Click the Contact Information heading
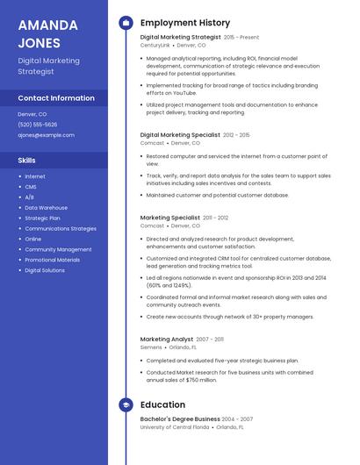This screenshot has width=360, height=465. (56, 98)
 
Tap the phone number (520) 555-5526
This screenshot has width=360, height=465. (38, 125)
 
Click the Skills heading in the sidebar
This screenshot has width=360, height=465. (27, 161)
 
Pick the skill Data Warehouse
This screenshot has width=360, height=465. (46, 207)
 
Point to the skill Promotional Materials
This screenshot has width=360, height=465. (52, 260)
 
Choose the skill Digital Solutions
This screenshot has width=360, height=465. (45, 270)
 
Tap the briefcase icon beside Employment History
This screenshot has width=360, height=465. (126, 22)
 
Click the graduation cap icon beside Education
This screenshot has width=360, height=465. (126, 404)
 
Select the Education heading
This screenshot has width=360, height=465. (162, 404)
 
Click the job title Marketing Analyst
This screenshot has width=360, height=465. (166, 339)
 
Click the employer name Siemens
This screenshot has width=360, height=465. (151, 347)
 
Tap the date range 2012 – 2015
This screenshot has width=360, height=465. (236, 135)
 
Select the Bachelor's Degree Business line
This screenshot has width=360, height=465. (180, 419)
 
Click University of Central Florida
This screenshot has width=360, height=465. (175, 427)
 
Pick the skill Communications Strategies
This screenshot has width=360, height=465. (61, 228)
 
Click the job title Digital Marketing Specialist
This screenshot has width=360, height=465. (180, 135)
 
